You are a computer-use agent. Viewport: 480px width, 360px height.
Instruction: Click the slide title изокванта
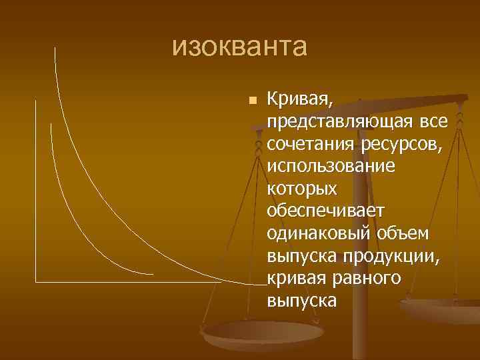[239, 48]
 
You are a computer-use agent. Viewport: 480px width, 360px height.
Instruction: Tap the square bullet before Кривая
[251, 101]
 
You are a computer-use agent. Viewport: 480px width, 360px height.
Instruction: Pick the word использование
[331, 165]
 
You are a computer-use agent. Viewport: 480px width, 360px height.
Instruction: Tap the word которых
[301, 189]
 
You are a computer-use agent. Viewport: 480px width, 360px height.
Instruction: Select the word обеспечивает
[325, 211]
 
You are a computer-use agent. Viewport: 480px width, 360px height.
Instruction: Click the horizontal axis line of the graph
[133, 282]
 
